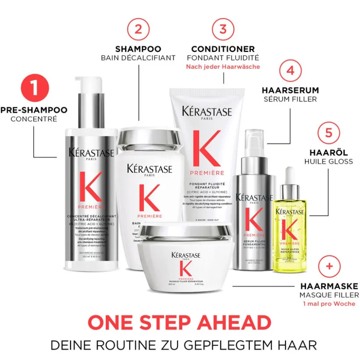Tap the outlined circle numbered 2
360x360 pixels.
pos(138,29)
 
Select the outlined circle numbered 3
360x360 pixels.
pos(223,29)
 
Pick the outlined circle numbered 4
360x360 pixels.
pos(290,70)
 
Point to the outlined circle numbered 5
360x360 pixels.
pos(328,132)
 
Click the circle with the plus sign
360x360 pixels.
pos(328,267)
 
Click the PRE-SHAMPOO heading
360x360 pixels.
pos(34,110)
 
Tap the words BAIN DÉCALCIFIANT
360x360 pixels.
pos(138,58)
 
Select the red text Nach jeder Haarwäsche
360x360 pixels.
pos(223,67)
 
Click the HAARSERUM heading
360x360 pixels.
pos(290,90)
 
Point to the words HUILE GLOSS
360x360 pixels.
pos(328,161)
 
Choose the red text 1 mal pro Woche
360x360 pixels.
pos(328,304)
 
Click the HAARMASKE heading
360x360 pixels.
pos(329,286)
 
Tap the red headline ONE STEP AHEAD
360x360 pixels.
pos(180,323)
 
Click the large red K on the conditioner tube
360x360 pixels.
pos(207,148)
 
